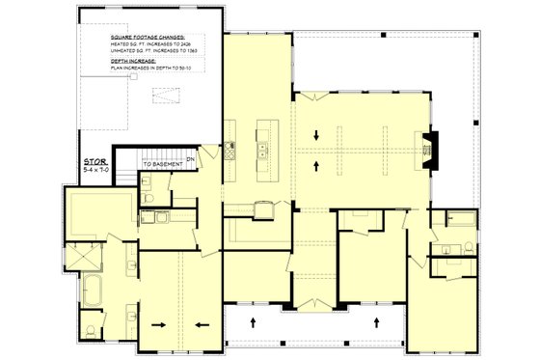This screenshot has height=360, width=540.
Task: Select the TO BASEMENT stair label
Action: (x=165, y=165)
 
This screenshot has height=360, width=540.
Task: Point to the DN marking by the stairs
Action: (x=191, y=158)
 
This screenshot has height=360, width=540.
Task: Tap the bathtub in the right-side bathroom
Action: (x=462, y=221)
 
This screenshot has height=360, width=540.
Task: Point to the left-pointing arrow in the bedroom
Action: (x=201, y=324)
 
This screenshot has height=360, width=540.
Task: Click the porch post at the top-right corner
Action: (x=481, y=33)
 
